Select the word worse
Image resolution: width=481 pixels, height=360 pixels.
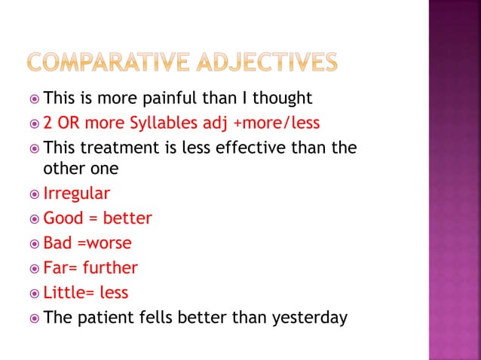coord(108,243)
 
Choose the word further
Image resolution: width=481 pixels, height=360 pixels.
coord(110,267)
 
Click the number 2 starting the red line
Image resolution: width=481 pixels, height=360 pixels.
coord(48,123)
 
